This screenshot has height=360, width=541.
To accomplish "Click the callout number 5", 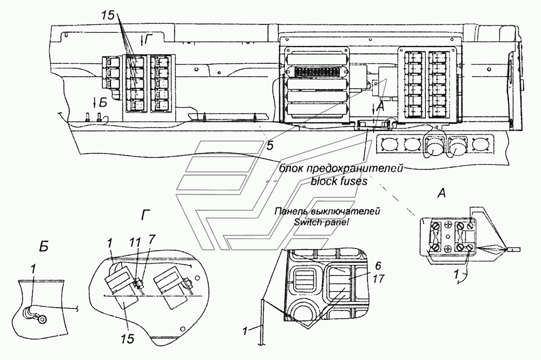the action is pos(270,145).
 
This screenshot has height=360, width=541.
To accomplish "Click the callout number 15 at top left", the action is pos(108,16).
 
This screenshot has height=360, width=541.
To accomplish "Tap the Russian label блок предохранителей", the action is pos(341,169).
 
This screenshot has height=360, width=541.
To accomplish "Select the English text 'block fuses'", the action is pos(339,181).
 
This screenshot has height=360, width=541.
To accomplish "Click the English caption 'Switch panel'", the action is pos(321,222).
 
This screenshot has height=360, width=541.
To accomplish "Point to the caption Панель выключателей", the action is pos(327,211).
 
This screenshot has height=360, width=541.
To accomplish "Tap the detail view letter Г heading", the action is pos(145,216).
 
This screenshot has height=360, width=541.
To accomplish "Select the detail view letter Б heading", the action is pos(43,247).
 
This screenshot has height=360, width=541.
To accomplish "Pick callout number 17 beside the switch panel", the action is pos(379,278).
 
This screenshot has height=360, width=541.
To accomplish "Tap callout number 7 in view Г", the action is pos(152,239).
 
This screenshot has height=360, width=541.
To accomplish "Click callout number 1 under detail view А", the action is pos(456,274).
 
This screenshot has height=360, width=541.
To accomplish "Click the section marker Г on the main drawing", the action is pos(146,41).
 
